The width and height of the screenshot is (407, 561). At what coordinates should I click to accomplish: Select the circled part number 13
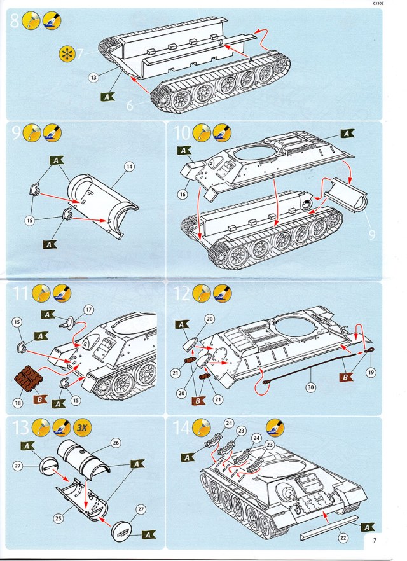(93, 78)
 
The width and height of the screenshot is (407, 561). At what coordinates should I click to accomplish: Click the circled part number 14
(129, 167)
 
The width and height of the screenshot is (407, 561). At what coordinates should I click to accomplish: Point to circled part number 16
(184, 192)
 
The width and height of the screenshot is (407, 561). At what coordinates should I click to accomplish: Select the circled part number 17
(89, 310)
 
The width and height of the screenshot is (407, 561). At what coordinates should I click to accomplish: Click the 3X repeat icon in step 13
(81, 427)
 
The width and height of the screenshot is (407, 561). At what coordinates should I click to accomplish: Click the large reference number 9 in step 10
(371, 235)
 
